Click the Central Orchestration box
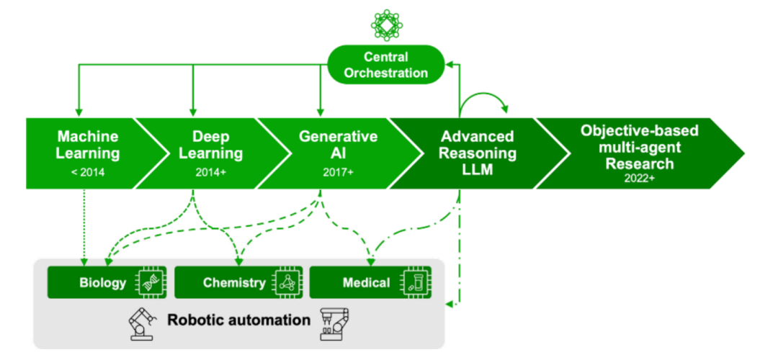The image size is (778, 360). (385, 65)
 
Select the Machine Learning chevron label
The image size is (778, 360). (88, 145)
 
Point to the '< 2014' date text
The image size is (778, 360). (88, 173)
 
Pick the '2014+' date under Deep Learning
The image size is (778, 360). (210, 173)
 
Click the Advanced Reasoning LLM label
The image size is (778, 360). (478, 152)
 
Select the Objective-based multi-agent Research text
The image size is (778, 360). (638, 147)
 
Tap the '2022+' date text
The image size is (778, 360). (638, 178)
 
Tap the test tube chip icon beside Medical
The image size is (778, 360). (414, 282)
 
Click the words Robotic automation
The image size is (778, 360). (238, 319)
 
